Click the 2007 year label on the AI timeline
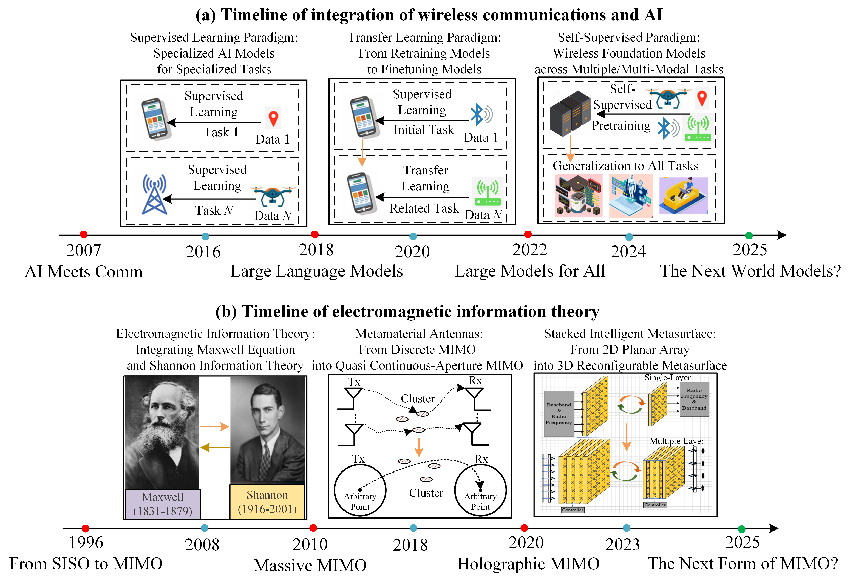point(83,251)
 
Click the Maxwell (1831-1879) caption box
point(163,504)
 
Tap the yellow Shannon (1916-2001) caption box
point(267,502)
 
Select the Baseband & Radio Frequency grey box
point(559,413)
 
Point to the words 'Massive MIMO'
point(310,565)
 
